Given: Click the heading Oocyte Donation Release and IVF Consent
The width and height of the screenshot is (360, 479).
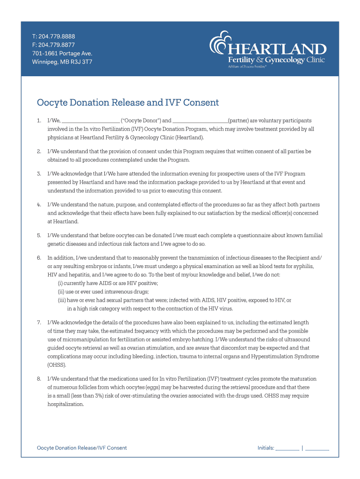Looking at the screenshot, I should coord(128,102).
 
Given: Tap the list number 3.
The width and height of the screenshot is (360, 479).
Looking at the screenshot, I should coord(39,174).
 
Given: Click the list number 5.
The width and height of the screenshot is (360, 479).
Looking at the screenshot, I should coord(39,235).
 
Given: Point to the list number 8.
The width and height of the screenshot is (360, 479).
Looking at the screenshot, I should coord(39,378).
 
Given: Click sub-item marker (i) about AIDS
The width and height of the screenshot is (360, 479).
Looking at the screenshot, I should coord(60,283).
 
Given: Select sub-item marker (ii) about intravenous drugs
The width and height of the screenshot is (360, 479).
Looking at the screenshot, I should coord(61,292).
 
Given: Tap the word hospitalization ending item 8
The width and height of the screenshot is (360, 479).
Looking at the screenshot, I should coord(66,404).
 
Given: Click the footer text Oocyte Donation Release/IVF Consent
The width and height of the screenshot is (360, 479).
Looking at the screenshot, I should coord(82,448).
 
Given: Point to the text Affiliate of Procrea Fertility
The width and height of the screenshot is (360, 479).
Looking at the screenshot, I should coord(247,67).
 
